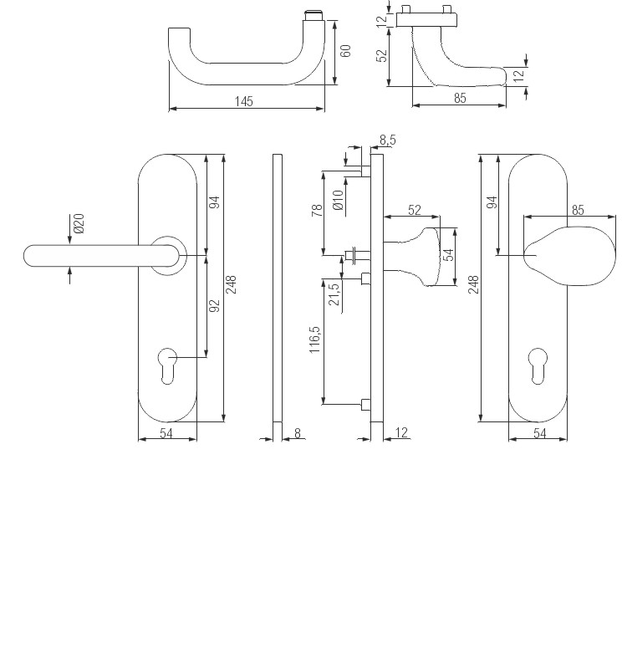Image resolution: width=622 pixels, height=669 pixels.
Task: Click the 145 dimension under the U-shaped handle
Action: [243, 101]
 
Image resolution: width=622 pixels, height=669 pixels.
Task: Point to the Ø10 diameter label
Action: [338, 199]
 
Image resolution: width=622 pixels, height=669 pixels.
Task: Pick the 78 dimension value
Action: [317, 210]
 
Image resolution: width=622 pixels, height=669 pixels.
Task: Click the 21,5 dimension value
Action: [334, 294]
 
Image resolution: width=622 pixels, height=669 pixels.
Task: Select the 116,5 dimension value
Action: [316, 344]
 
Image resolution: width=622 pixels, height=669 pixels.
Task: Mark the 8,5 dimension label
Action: [388, 139]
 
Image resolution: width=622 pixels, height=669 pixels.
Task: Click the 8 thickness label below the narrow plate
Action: [298, 432]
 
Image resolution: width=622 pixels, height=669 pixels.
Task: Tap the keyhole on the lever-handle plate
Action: [167, 366]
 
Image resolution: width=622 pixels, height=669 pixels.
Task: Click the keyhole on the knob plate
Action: [538, 366]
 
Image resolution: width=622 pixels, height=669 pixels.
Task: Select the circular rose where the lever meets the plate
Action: [168, 254]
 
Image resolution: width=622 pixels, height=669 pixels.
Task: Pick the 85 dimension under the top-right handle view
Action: [460, 98]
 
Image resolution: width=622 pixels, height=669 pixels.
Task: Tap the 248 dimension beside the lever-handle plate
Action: [232, 287]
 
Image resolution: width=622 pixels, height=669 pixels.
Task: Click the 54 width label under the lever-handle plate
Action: [167, 432]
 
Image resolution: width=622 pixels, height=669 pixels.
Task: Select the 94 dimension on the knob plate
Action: [492, 202]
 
